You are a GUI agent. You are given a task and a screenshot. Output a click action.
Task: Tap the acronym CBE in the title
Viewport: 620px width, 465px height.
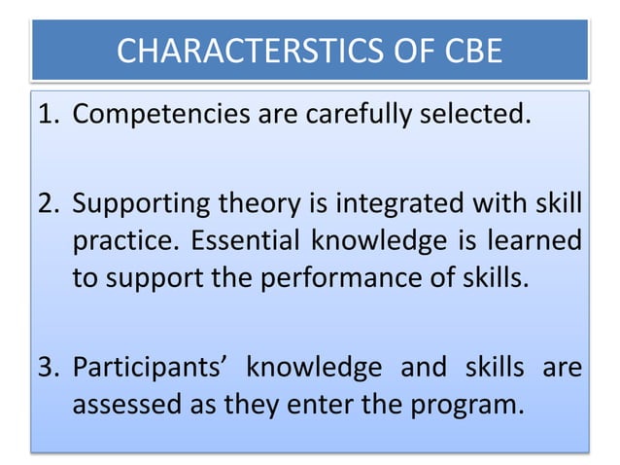[466, 49]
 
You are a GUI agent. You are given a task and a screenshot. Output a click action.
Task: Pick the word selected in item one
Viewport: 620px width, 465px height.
[480, 117]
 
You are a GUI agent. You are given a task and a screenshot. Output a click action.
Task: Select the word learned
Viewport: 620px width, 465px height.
[536, 241]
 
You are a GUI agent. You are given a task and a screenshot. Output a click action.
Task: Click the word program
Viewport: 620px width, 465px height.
[471, 403]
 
